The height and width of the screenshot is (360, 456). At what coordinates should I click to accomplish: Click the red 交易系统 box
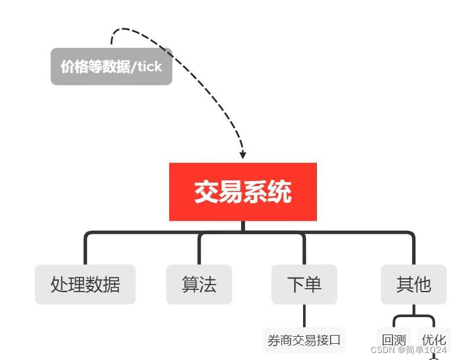(x=243, y=191)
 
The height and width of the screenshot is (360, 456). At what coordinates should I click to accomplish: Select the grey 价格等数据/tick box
(x=111, y=67)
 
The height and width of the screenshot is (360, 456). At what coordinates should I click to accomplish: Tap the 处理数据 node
(x=85, y=284)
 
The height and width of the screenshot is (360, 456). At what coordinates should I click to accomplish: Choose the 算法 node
(x=199, y=284)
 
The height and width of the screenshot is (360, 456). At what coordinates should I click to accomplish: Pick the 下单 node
(x=304, y=284)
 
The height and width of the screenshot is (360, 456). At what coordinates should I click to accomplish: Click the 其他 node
(x=414, y=284)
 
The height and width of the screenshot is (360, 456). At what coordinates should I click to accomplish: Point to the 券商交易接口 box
(x=304, y=340)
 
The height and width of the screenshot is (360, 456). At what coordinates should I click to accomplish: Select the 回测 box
(x=393, y=339)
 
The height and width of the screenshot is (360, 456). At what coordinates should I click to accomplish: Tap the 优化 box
(x=433, y=339)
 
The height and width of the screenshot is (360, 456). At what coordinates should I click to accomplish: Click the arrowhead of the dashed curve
(x=243, y=155)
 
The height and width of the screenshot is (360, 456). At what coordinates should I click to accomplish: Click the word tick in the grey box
(x=149, y=67)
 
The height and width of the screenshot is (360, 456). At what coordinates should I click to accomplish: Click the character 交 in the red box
(x=206, y=192)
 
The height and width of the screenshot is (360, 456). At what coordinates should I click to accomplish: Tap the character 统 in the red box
(x=280, y=192)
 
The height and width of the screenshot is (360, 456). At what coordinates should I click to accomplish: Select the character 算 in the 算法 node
(x=191, y=284)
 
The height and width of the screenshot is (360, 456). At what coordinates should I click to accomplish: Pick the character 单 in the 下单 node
(x=313, y=284)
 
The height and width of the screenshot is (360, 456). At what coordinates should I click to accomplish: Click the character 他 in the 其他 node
(x=422, y=284)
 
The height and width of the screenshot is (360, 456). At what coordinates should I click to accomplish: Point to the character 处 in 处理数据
(x=59, y=284)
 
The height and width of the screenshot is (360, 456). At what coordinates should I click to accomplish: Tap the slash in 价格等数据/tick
(x=133, y=67)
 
